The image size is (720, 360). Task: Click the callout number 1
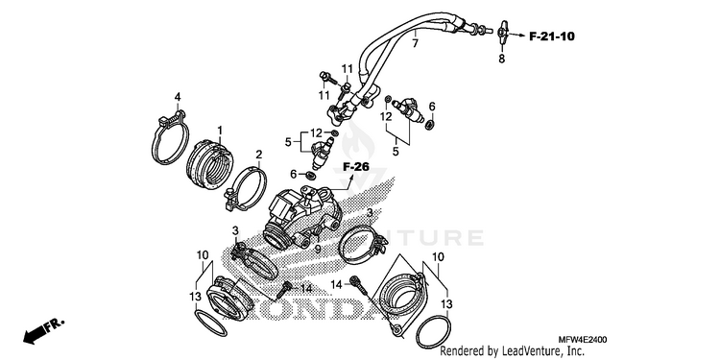[220, 131]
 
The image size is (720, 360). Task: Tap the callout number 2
[259, 155]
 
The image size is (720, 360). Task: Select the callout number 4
[178, 97]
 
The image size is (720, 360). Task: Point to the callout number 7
[415, 43]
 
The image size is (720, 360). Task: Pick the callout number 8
[501, 59]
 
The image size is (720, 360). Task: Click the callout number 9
[318, 250]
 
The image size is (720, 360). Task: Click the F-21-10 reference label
[552, 36]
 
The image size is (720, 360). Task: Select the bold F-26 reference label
[356, 167]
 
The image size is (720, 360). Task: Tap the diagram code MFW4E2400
[583, 340]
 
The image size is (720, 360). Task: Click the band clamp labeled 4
[170, 137]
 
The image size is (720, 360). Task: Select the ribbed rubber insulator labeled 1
[209, 166]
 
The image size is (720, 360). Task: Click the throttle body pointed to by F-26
[303, 216]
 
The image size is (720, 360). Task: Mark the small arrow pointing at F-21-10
[516, 35]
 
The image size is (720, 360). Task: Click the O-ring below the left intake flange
[211, 324]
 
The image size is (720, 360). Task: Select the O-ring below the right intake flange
[433, 332]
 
